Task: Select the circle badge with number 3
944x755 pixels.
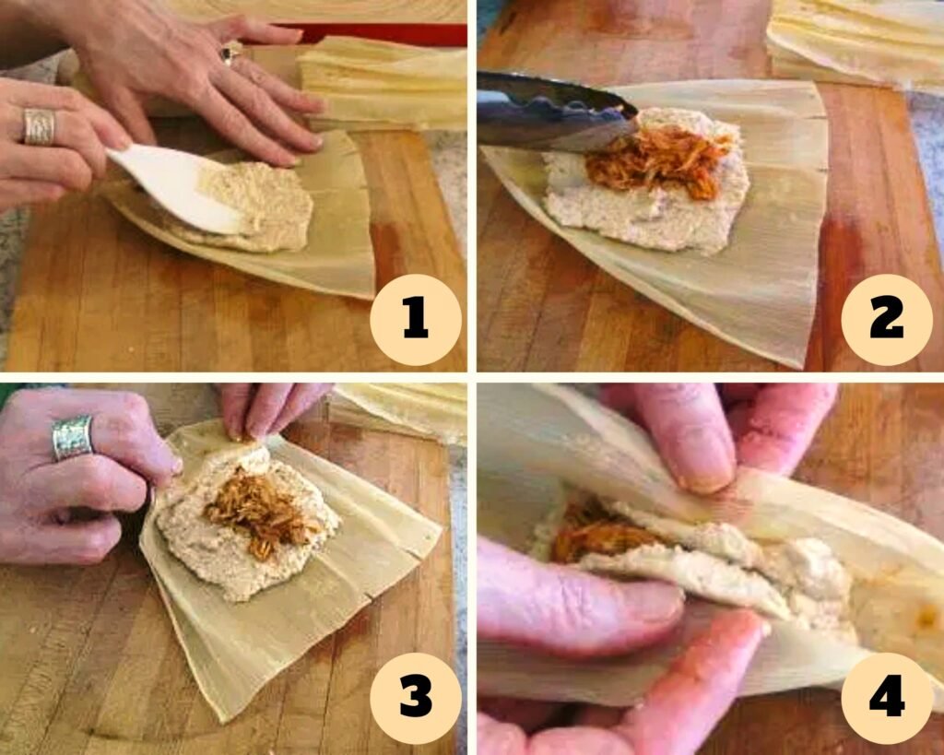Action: tap(415, 698)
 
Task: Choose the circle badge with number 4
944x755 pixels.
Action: tap(886, 698)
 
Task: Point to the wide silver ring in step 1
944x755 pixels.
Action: tap(39, 127)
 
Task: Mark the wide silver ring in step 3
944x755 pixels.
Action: tap(72, 437)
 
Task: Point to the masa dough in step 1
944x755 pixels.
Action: tap(263, 207)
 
